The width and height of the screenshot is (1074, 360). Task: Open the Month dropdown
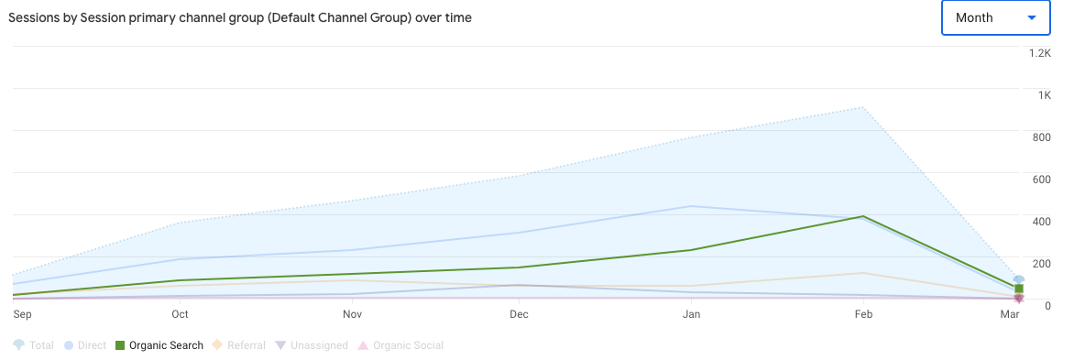993,17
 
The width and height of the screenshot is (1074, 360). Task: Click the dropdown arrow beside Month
1032,17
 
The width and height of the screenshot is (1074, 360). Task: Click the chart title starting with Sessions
240,17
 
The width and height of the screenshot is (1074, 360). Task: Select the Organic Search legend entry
159,345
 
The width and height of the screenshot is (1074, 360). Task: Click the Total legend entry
34,345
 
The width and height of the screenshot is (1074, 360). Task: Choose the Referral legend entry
237,345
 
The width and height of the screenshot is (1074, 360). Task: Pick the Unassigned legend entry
312,345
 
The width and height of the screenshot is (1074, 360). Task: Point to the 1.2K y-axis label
1039,53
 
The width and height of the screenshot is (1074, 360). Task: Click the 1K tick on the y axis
1044,95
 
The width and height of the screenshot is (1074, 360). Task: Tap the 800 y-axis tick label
1040,137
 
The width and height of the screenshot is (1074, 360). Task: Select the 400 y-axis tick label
1040,221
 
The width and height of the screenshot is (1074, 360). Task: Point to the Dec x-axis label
519,314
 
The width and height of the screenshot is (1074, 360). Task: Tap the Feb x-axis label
862,314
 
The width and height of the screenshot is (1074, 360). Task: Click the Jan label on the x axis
692,314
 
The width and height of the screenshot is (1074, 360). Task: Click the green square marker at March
1018,289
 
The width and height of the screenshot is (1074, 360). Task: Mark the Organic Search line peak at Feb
862,216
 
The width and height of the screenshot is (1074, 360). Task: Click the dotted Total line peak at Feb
862,107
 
